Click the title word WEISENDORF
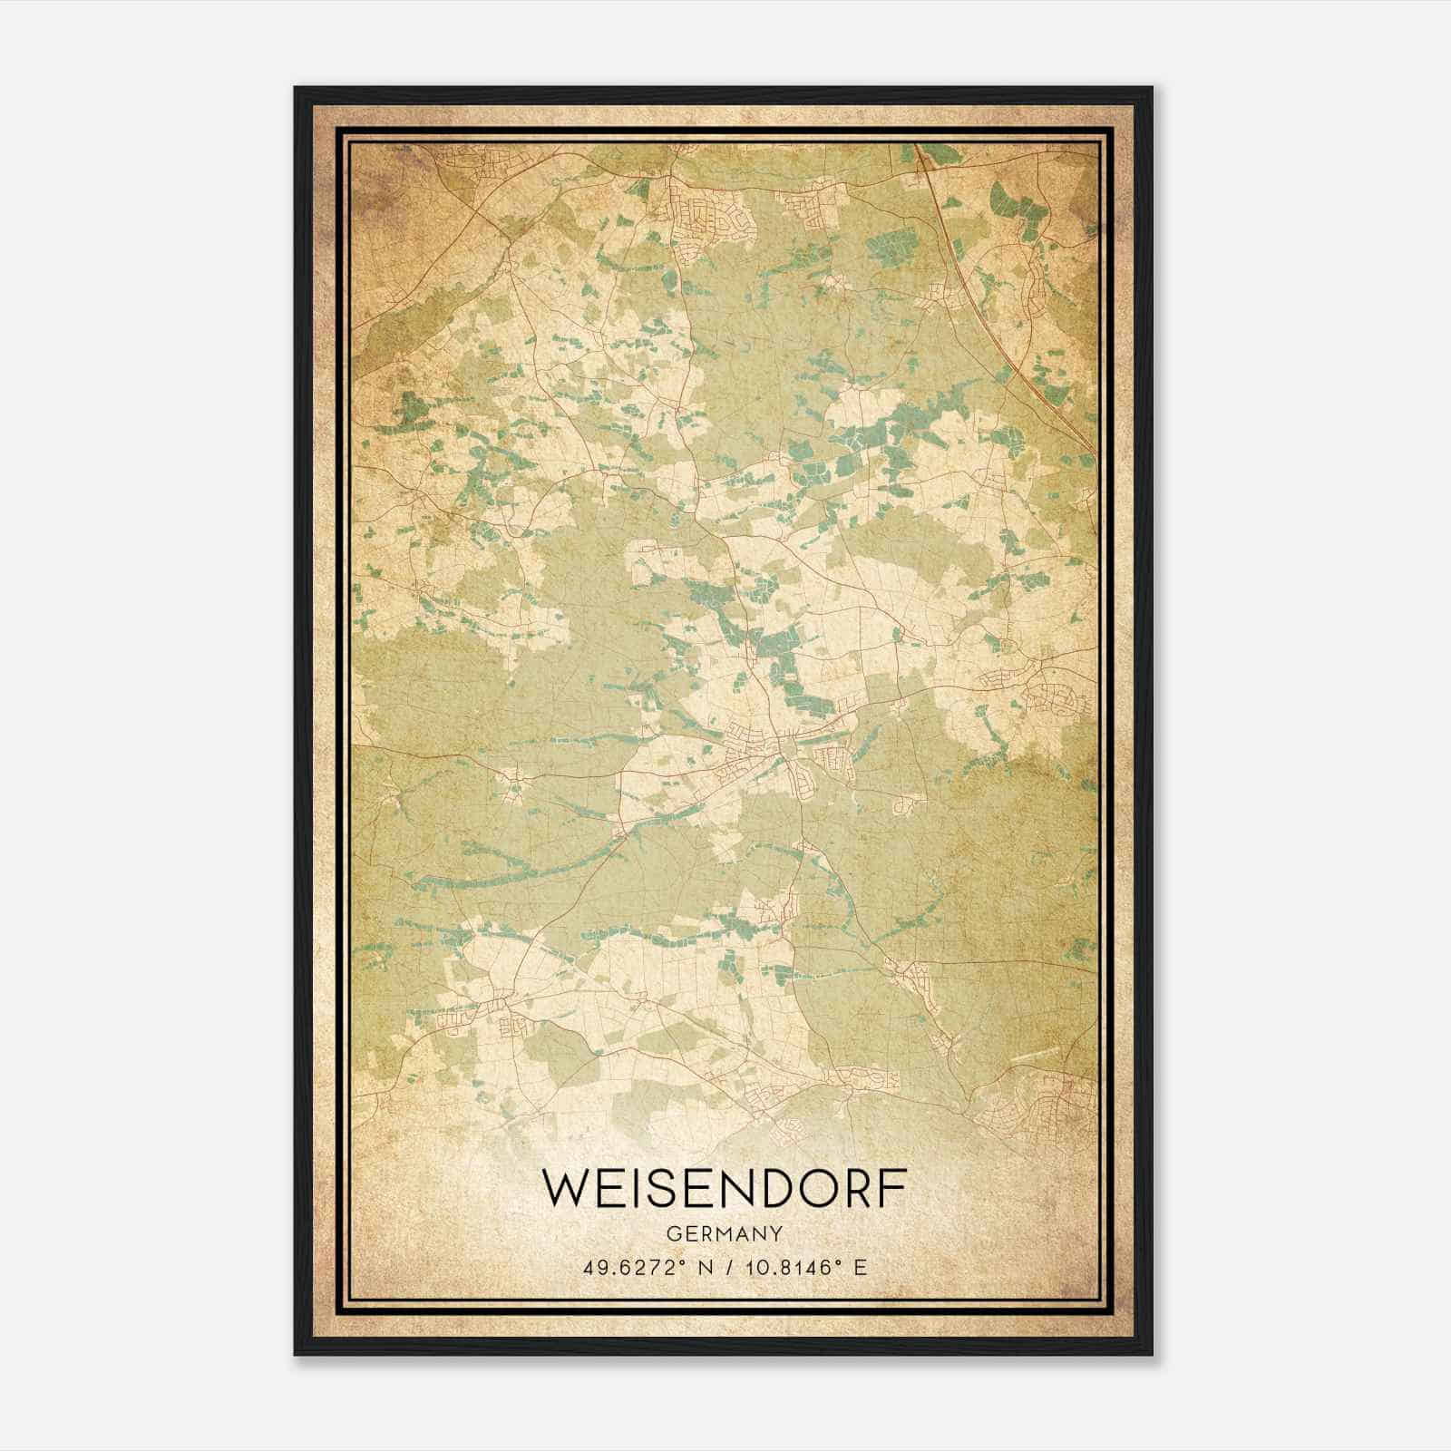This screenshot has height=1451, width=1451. point(725,1191)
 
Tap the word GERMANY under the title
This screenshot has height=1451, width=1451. point(725,1233)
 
